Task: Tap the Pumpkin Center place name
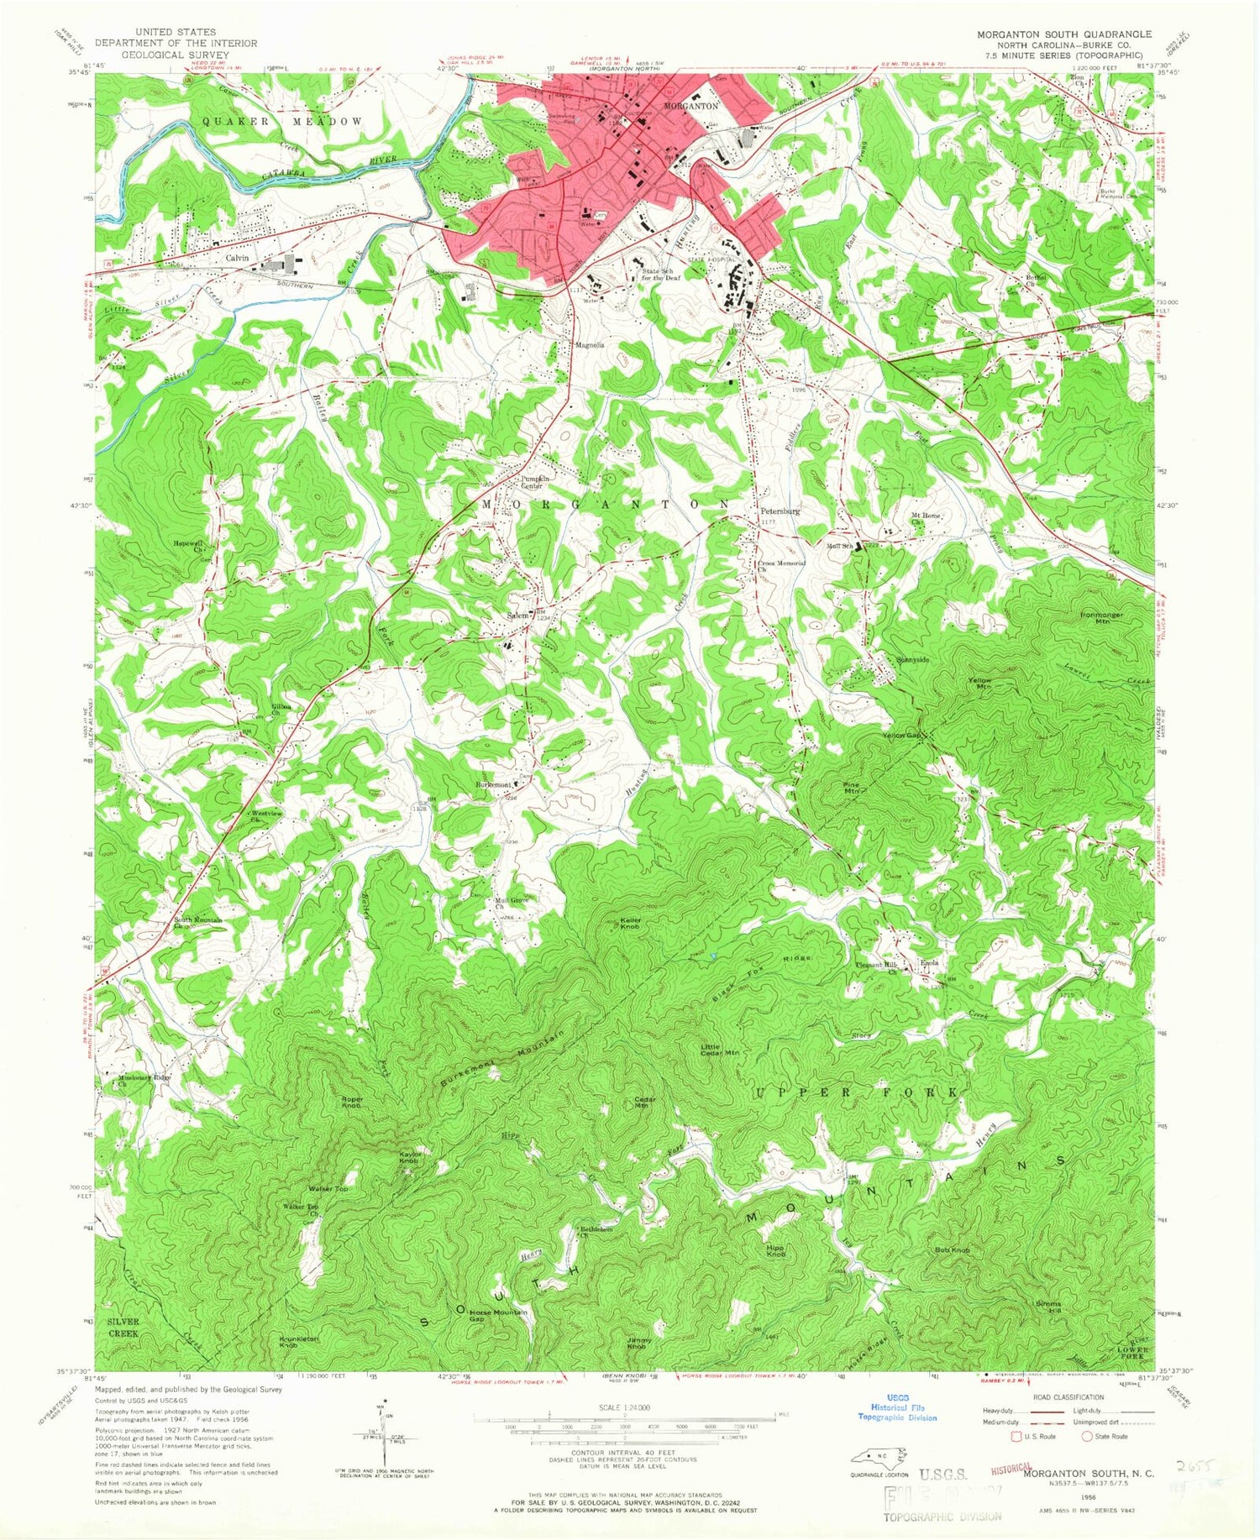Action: click(534, 481)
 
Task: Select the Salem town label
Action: click(517, 615)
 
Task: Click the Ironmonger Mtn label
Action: click(1101, 619)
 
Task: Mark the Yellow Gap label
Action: click(902, 736)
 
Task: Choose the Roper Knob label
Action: click(351, 1103)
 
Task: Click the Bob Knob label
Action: click(953, 1250)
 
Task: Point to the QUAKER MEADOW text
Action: click(282, 122)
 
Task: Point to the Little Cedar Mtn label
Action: click(720, 1050)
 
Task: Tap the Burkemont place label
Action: click(494, 784)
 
